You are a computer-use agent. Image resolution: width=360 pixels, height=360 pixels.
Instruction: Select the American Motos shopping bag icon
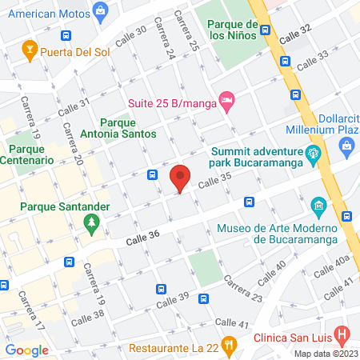point(100,10)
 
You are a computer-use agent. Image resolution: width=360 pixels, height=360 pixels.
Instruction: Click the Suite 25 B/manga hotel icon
point(226,101)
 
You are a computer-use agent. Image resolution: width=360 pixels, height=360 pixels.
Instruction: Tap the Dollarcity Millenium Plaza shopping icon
point(346,144)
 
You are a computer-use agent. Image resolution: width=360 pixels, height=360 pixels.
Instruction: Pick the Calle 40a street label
point(332,266)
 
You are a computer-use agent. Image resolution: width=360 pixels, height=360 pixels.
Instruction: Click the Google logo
point(27,350)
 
